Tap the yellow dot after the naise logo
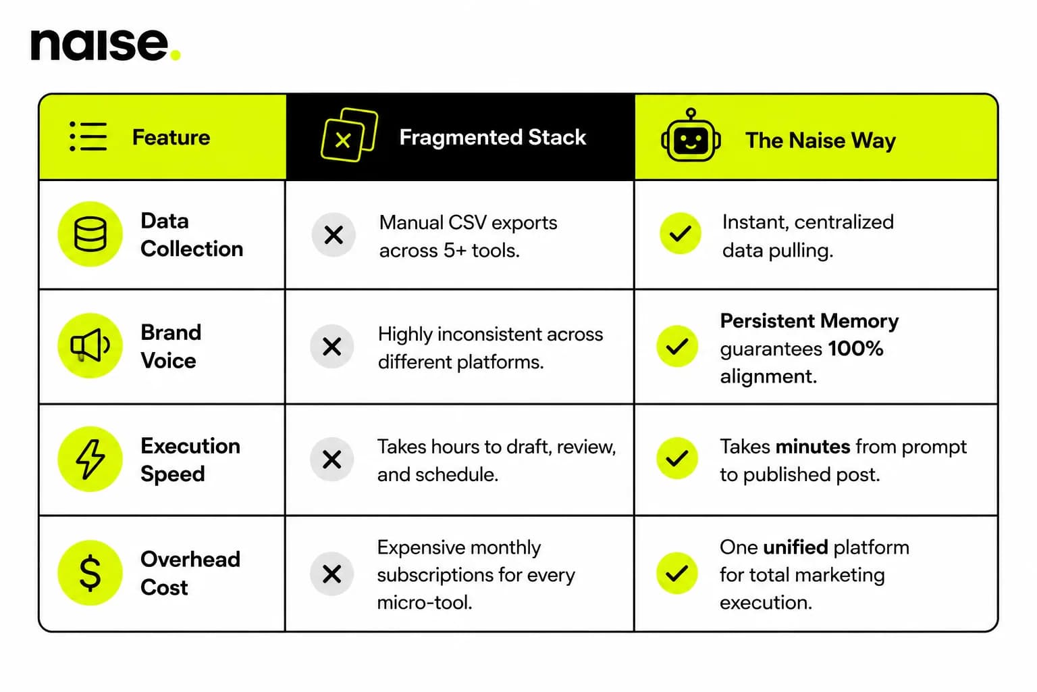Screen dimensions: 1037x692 [x=176, y=55]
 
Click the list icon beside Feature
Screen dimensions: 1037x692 [x=88, y=137]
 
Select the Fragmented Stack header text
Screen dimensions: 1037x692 [x=493, y=137]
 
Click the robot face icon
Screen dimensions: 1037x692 [x=691, y=135]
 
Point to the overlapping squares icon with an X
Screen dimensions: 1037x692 [x=350, y=135]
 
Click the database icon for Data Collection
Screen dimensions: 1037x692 [x=90, y=234]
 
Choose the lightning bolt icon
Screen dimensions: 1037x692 [x=90, y=459]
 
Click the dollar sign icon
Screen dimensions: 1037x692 [x=90, y=573]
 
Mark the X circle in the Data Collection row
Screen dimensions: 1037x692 [x=334, y=235]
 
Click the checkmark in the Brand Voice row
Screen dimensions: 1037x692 [x=677, y=346]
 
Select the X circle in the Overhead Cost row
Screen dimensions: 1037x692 [x=332, y=574]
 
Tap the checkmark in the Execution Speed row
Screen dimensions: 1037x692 [x=677, y=458]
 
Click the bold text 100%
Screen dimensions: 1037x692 [x=855, y=349]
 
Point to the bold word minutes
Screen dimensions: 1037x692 [x=813, y=447]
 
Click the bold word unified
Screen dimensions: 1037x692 [x=795, y=547]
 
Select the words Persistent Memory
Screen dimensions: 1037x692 [x=809, y=321]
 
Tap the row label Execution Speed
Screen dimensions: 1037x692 [x=190, y=460]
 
